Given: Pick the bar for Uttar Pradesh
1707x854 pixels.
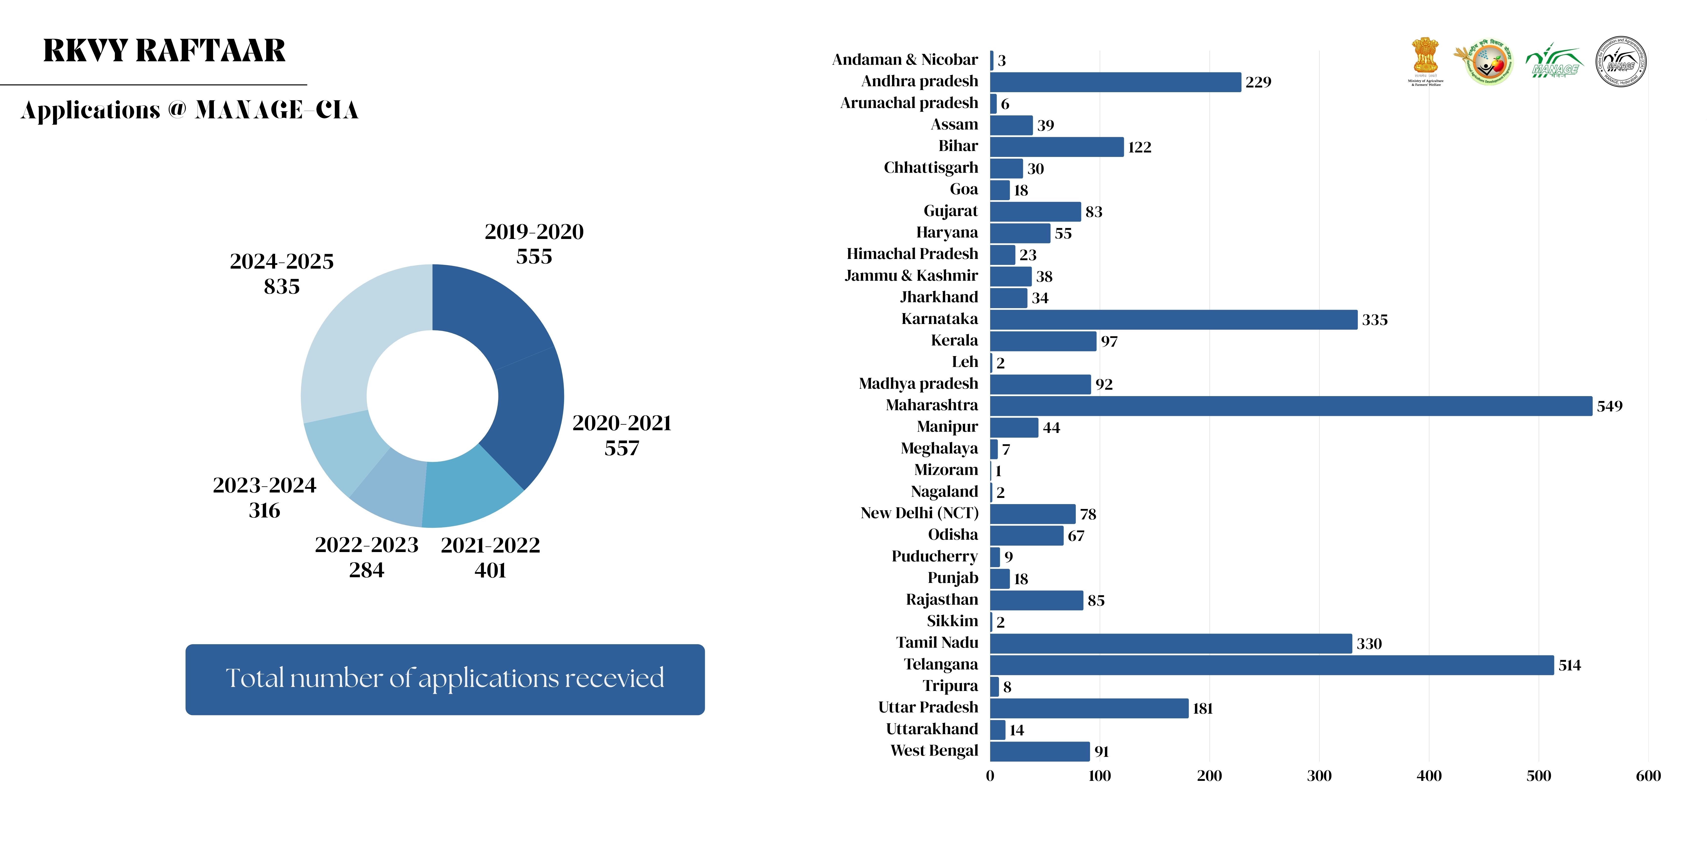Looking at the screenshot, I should click(x=1089, y=708).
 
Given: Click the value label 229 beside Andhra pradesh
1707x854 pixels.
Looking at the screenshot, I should click(x=1258, y=82).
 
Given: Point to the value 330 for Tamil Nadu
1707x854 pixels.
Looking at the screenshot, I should click(x=1368, y=644).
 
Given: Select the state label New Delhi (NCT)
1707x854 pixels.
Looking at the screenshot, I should click(x=919, y=513).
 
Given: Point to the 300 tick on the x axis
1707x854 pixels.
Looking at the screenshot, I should click(x=1319, y=776).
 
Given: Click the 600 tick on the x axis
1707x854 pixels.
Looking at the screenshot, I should click(x=1647, y=776).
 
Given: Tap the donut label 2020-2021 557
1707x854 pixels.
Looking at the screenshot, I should click(x=622, y=435).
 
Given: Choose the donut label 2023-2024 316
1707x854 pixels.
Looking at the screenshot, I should click(x=264, y=497).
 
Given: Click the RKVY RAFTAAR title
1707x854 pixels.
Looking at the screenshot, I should click(x=164, y=51).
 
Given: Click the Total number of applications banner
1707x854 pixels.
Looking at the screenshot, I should click(x=445, y=679).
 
